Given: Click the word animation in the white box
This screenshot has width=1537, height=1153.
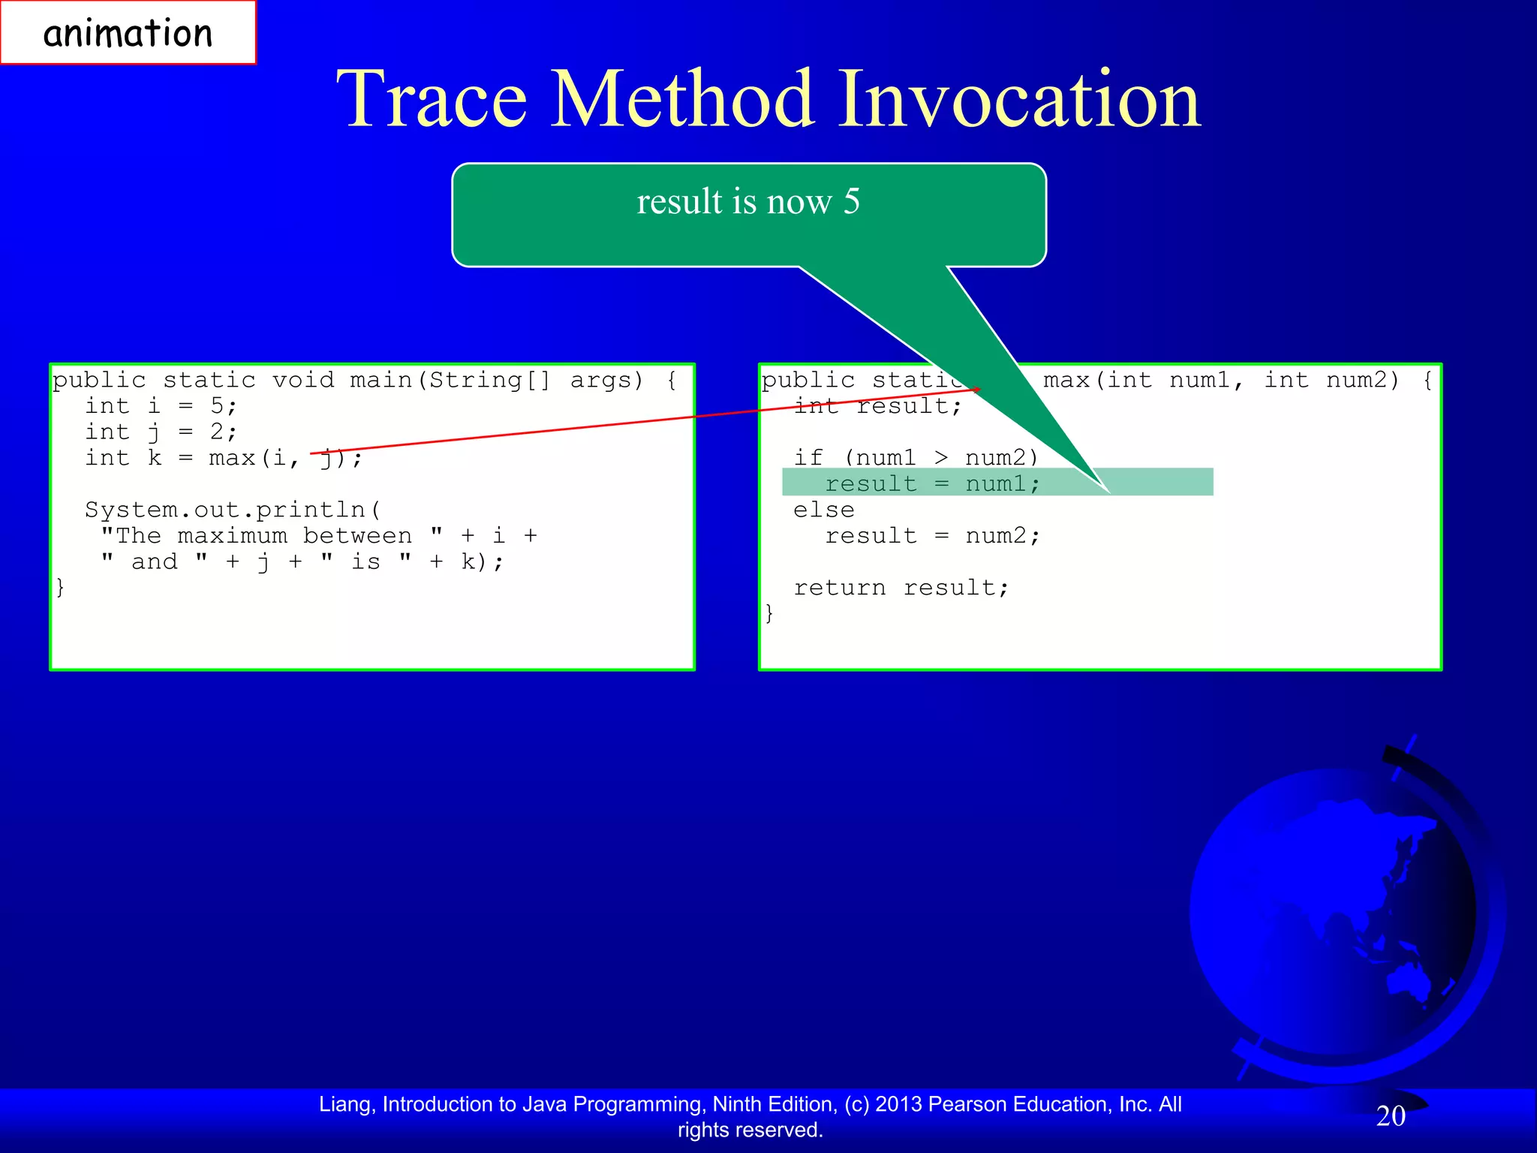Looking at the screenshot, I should [x=128, y=34].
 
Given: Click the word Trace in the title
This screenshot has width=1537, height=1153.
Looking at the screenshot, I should [x=432, y=99].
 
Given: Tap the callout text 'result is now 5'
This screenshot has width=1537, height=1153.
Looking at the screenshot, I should [x=748, y=201].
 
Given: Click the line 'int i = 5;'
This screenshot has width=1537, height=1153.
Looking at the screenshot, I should [x=161, y=406].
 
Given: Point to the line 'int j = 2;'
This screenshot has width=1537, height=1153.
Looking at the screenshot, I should [x=161, y=432].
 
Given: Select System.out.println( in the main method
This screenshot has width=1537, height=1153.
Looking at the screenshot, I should [x=233, y=510].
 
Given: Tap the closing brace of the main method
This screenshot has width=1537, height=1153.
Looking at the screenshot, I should [x=61, y=587].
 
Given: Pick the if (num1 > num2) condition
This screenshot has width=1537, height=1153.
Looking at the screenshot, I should [x=916, y=458].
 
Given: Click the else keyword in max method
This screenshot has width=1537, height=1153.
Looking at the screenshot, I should [x=823, y=510].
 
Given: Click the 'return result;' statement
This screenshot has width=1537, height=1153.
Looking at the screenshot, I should [x=901, y=588].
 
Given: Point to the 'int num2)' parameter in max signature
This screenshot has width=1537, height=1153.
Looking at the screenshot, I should [x=1331, y=380].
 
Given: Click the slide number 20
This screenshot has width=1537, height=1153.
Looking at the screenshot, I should [x=1391, y=1116].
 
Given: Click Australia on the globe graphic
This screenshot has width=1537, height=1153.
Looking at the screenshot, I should [x=1411, y=980].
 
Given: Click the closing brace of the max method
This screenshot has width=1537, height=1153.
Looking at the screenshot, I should [x=769, y=613].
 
